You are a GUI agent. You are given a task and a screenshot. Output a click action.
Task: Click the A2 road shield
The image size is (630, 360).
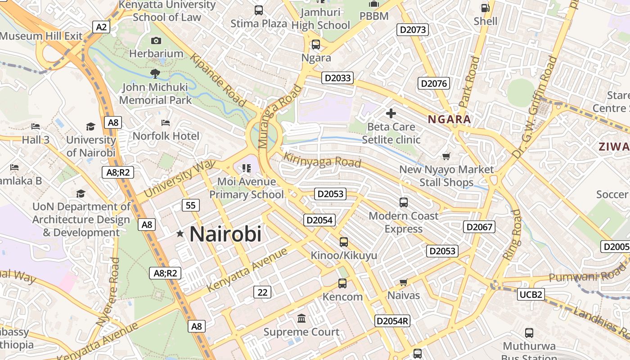pos(101,27)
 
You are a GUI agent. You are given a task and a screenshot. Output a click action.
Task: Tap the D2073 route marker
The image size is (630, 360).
pos(413,30)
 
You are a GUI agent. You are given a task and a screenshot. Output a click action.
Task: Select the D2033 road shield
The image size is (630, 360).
pos(337,78)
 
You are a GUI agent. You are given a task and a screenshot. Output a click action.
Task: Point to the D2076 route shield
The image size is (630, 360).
pos(433,83)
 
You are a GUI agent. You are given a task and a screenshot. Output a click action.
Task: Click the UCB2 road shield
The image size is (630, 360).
pos(531,294)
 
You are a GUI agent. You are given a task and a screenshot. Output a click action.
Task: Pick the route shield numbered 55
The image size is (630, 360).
pos(191,205)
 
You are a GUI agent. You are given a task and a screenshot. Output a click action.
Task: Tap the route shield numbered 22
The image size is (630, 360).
pos(262,292)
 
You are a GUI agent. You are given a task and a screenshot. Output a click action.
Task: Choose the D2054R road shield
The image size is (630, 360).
pos(392,321)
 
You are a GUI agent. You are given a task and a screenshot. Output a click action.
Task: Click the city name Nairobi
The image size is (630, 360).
pos(225,234)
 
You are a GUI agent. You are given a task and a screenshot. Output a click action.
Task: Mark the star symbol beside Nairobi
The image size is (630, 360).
pos(180,234)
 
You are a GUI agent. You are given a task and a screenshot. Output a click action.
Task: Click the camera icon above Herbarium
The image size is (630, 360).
pos(156,41)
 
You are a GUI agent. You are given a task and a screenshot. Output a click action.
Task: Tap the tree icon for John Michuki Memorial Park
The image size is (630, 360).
pos(155,73)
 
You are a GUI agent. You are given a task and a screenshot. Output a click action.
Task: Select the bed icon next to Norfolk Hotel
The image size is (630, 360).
pos(166,122)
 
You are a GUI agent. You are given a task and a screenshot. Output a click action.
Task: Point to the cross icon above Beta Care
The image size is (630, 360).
pos(391,113)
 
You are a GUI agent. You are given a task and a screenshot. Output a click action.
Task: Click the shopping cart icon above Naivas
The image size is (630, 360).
pos(403,283)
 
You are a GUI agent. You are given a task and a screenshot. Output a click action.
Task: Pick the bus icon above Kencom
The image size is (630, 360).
pos(342,283)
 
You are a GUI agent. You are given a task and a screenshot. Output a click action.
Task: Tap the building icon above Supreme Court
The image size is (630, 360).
pos(301,319)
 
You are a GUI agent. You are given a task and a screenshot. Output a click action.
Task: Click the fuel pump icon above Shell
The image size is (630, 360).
pos(485,8)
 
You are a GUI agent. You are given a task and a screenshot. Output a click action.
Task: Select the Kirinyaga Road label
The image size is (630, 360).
pos(322,160)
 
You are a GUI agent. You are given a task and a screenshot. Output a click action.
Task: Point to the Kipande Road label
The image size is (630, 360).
pos(218,80)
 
